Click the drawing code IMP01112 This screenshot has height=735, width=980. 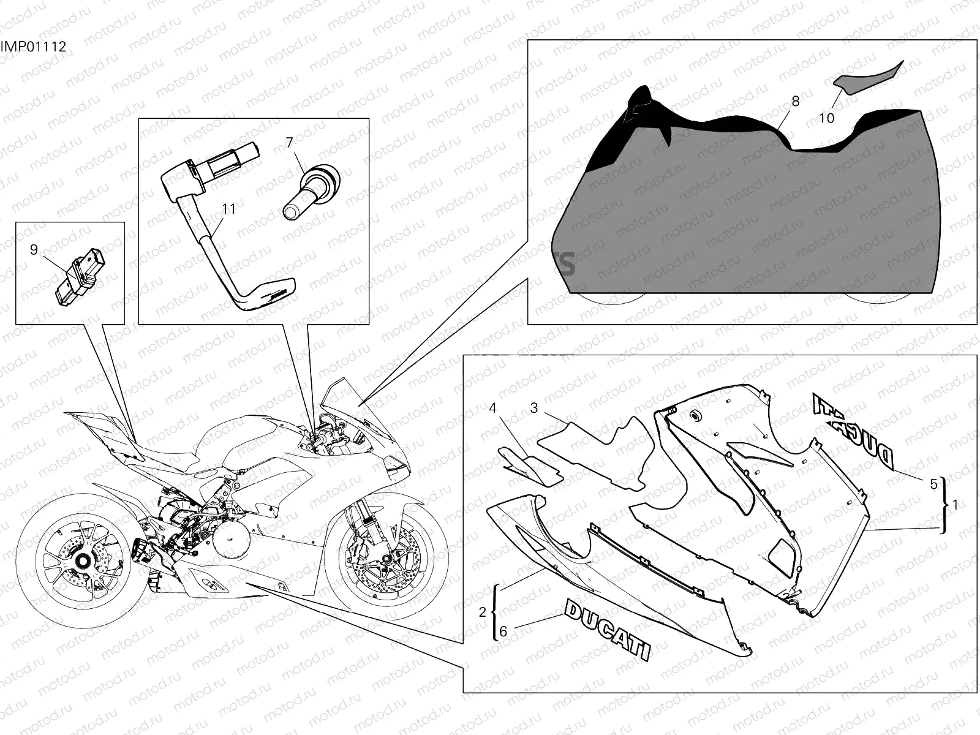pyautogui.click(x=33, y=47)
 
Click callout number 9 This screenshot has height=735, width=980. pyautogui.click(x=34, y=249)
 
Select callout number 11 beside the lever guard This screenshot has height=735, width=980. pyautogui.click(x=229, y=209)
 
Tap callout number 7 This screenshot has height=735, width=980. pyautogui.click(x=289, y=142)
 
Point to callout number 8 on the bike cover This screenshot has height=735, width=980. pyautogui.click(x=795, y=101)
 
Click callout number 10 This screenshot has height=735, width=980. pyautogui.click(x=826, y=118)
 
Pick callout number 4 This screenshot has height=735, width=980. pyautogui.click(x=493, y=408)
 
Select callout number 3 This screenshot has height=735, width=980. pyautogui.click(x=534, y=408)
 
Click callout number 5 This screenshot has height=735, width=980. pyautogui.click(x=933, y=484)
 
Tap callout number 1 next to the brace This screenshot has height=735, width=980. pyautogui.click(x=955, y=505)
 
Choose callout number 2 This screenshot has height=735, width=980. pyautogui.click(x=482, y=612)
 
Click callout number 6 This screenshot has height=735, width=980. pyautogui.click(x=503, y=631)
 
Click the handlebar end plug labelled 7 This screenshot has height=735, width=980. pyautogui.click(x=312, y=192)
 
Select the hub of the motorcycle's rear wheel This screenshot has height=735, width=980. pyautogui.click(x=83, y=560)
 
